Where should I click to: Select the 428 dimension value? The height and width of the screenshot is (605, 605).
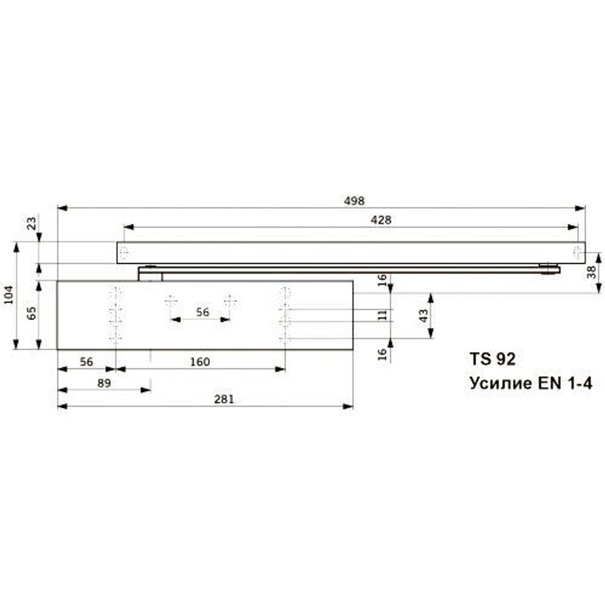[381, 220]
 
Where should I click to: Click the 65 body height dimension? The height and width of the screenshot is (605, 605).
[32, 313]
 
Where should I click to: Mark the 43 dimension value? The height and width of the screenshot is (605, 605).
[423, 315]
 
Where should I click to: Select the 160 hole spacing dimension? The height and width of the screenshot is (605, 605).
[200, 362]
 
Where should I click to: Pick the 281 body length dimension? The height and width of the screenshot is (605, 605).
[224, 399]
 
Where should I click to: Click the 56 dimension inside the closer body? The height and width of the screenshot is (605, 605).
[203, 312]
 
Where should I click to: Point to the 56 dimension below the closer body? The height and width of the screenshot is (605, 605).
[86, 362]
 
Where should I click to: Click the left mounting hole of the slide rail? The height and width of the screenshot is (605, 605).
[124, 252]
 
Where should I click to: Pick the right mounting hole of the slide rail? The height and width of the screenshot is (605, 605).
[578, 252]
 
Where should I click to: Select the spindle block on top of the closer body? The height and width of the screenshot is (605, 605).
[151, 275]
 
